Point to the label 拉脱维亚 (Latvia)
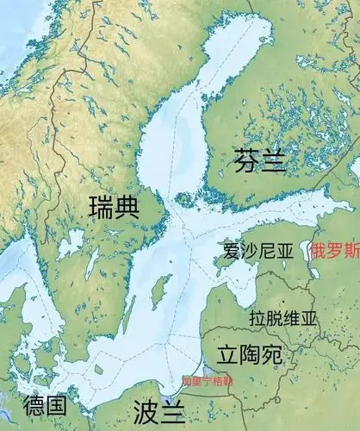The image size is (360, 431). click(x=283, y=318)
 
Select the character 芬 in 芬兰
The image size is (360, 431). click(x=246, y=159)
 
